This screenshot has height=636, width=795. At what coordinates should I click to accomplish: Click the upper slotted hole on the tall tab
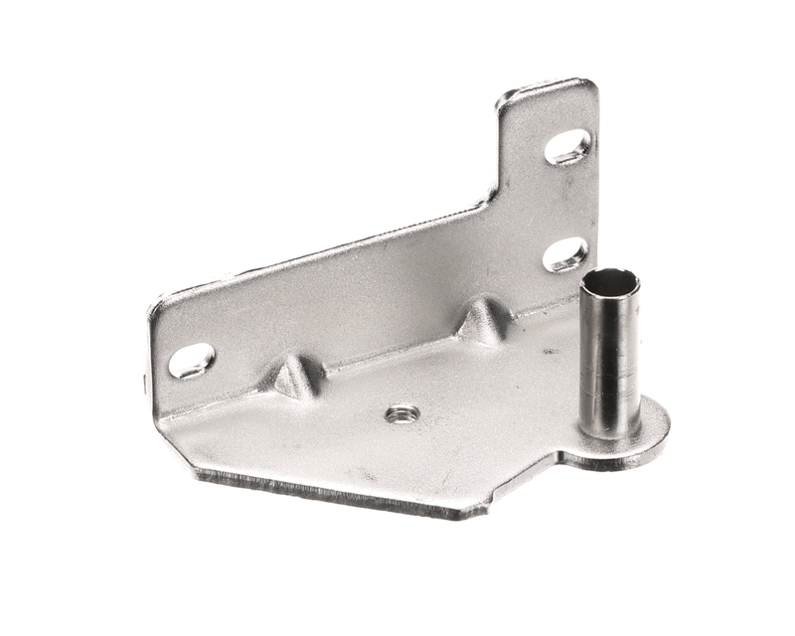567,147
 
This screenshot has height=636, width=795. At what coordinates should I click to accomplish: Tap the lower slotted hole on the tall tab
564,254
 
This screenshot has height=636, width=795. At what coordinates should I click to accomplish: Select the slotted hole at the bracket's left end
191,360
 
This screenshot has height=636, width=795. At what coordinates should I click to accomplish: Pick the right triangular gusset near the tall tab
483,320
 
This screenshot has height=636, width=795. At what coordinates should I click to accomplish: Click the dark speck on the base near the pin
548,351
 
